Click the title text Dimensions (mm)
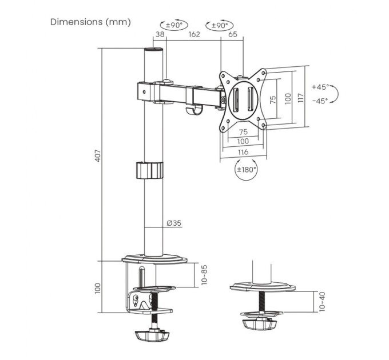click(x=90, y=22)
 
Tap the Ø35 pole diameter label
click(x=174, y=223)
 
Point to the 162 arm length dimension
click(x=194, y=35)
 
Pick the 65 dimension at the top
click(x=232, y=35)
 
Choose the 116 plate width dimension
click(x=243, y=151)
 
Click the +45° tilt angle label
click(x=320, y=87)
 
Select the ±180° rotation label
click(x=247, y=169)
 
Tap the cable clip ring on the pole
click(x=149, y=170)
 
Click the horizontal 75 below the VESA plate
click(x=243, y=132)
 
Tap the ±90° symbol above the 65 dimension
click(x=220, y=26)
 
